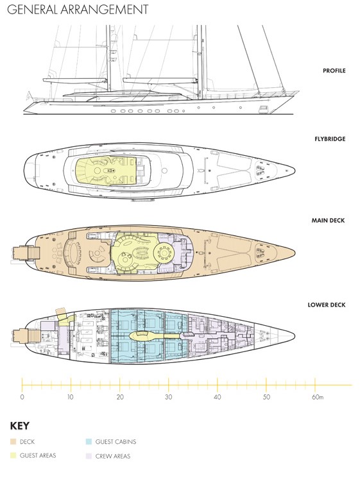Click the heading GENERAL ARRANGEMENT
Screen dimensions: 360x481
(78, 9)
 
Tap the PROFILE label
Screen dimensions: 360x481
(334, 71)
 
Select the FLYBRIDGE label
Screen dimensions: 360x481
(330, 139)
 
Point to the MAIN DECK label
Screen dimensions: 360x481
(328, 221)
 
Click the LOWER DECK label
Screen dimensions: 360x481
(327, 305)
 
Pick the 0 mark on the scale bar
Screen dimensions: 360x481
(22, 397)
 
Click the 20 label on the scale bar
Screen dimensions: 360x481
(120, 397)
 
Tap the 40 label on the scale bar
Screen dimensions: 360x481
(218, 397)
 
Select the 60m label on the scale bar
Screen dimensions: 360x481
(318, 397)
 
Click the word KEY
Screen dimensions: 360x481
(20, 426)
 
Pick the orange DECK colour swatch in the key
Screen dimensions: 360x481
(13, 442)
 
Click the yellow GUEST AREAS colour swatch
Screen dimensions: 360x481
(13, 455)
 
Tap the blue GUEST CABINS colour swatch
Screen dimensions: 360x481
(89, 442)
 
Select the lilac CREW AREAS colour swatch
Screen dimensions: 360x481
(89, 456)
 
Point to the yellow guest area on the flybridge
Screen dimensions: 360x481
(106, 171)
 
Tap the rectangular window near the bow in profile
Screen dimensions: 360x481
(263, 108)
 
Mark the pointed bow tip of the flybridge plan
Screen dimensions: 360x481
(295, 170)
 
